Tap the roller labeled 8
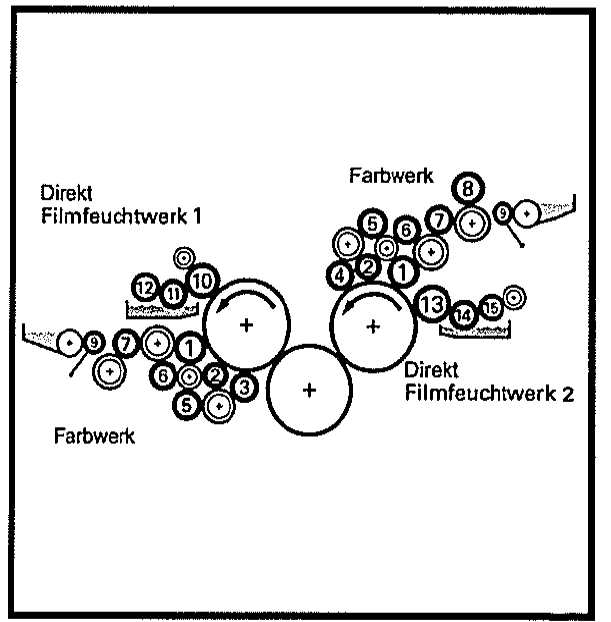pyautogui.click(x=468, y=186)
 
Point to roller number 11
pyautogui.click(x=174, y=293)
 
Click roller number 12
pyautogui.click(x=145, y=288)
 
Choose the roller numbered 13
pyautogui.click(x=431, y=303)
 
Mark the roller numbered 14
pyautogui.click(x=463, y=314)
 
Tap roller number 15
pyautogui.click(x=491, y=308)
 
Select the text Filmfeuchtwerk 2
pyautogui.click(x=489, y=392)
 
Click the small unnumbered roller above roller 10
pyautogui.click(x=184, y=257)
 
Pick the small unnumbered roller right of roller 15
pyautogui.click(x=514, y=296)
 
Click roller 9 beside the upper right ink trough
pyautogui.click(x=502, y=211)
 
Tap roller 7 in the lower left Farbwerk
pyautogui.click(x=126, y=343)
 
